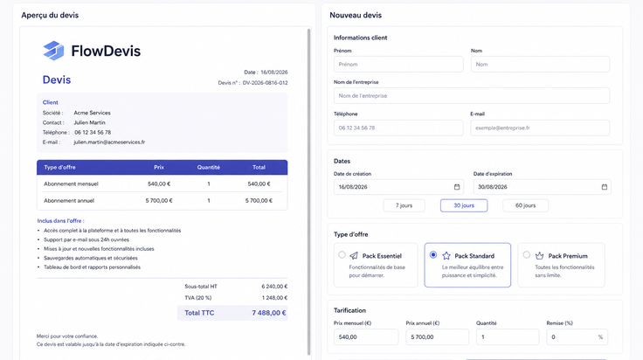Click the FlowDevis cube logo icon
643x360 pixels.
point(53,51)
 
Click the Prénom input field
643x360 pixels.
point(398,65)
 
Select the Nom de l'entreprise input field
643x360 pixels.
point(472,96)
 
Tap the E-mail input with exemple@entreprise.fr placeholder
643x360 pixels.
point(540,128)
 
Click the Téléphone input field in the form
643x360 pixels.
point(398,128)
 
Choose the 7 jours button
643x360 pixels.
point(404,205)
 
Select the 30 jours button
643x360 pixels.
point(464,205)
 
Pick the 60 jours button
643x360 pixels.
point(525,205)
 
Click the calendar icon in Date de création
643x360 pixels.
point(457,187)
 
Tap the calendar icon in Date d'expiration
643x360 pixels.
point(604,187)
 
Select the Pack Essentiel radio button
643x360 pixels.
point(342,254)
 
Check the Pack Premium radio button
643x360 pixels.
point(527,254)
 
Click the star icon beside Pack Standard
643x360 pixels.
point(446,256)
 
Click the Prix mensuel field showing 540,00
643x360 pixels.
point(366,337)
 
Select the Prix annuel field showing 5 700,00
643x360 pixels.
point(437,337)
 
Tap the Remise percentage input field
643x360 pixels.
point(577,337)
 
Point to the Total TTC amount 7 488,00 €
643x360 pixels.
point(269,313)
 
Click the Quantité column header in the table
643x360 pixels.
point(208,167)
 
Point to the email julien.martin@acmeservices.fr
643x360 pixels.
point(109,142)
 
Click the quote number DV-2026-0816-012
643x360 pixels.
point(265,83)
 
